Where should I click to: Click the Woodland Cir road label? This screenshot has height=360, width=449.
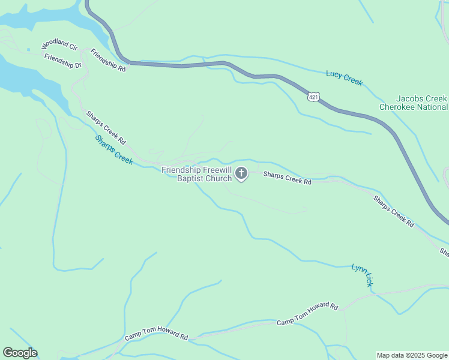pos(59,46)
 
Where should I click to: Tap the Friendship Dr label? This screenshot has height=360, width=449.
pos(62,61)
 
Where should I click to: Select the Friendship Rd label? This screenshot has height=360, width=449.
pos(108,61)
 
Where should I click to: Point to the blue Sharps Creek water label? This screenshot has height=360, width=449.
pos(114,150)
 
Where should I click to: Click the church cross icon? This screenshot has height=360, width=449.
pos(241,174)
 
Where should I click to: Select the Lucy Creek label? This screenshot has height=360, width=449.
pos(344,78)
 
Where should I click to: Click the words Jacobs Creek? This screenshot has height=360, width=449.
pos(421,98)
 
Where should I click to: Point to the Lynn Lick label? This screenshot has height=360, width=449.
pos(362,275)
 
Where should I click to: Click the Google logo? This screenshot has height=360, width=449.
pos(20,353)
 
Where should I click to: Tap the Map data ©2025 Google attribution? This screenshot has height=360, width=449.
pos(411,355)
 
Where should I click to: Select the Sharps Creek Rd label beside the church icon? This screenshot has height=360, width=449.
pos(288,178)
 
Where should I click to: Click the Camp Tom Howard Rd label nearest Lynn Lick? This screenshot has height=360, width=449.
pos(307,314)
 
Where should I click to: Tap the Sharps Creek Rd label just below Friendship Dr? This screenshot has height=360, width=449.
pos(106,127)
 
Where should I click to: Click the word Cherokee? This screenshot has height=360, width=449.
pos(400,107)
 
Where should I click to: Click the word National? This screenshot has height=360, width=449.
pos(435,107)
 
